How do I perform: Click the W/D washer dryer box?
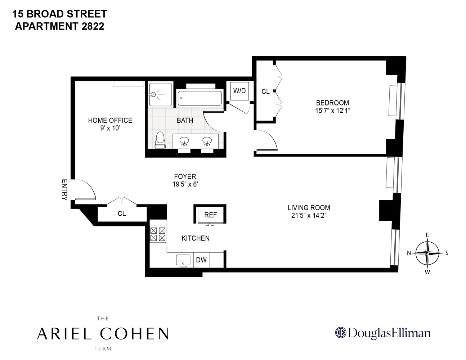(239, 91)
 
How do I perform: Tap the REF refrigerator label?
(211, 215)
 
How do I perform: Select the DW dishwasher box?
(201, 260)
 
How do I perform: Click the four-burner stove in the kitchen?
(158, 234)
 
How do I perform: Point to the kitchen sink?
(183, 260)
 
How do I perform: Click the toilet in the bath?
(159, 140)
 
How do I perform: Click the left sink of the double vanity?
(184, 141)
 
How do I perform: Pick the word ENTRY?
(64, 190)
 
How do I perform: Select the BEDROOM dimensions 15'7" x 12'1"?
(332, 111)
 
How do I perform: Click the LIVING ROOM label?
(309, 208)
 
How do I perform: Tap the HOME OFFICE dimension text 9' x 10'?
(110, 128)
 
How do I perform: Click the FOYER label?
(185, 176)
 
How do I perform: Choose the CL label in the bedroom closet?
(265, 92)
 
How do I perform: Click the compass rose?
(427, 253)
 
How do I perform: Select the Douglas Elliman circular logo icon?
(340, 333)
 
